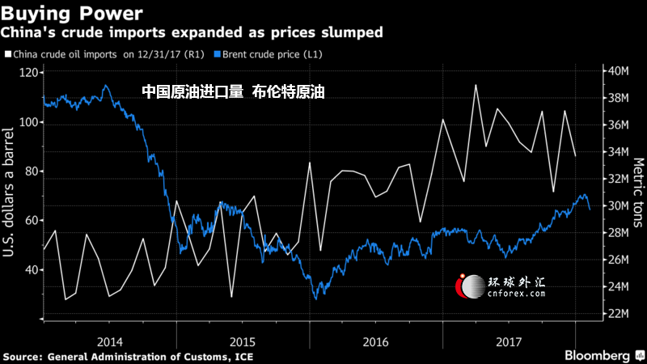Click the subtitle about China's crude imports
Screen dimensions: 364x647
click(x=191, y=33)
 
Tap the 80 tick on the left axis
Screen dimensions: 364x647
click(x=31, y=171)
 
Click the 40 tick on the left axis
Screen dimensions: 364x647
click(x=31, y=269)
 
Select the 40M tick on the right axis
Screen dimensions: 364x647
click(x=619, y=71)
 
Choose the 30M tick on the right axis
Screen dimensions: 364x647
click(x=619, y=206)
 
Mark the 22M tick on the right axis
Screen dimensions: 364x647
click(x=619, y=314)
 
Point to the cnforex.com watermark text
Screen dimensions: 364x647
click(x=515, y=295)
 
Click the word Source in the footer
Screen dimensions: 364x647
click(x=22, y=356)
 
